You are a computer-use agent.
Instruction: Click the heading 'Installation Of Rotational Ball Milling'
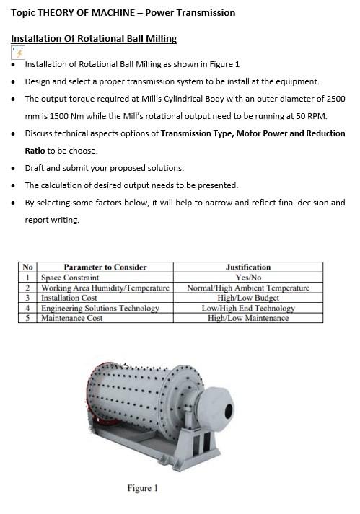94,38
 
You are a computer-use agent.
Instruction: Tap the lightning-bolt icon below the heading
18,52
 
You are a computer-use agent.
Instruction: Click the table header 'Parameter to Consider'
105,267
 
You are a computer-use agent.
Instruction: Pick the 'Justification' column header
247,267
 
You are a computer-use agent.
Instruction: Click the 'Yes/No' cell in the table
247,278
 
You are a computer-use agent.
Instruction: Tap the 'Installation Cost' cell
69,298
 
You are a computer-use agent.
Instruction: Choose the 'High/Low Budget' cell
247,298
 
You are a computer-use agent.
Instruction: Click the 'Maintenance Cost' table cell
71,318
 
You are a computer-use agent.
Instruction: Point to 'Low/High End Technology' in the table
247,308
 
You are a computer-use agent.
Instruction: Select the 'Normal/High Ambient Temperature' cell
247,288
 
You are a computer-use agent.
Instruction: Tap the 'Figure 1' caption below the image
142,488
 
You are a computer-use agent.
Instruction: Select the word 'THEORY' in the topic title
57,13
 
